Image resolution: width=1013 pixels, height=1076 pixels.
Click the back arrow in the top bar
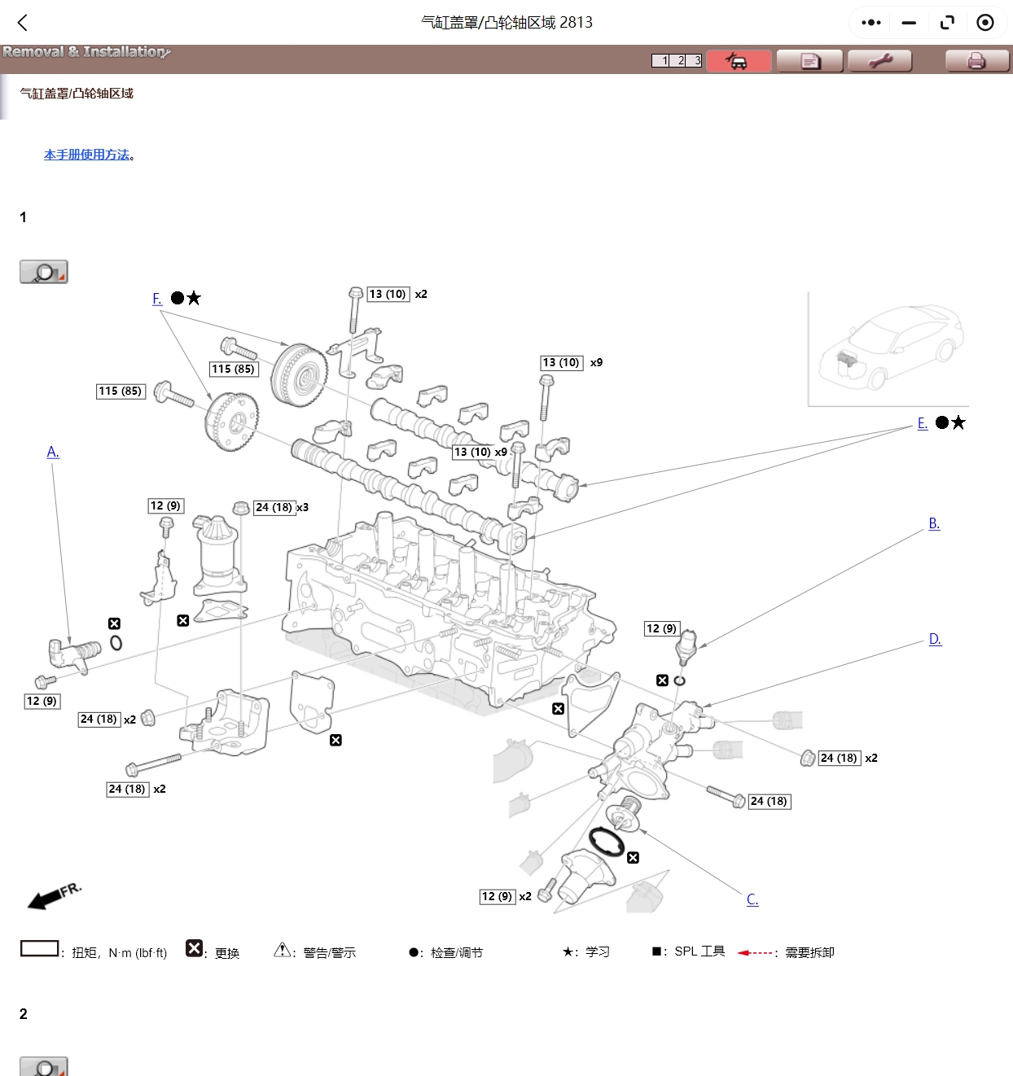click(x=23, y=23)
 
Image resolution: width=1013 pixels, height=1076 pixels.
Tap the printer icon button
click(x=976, y=61)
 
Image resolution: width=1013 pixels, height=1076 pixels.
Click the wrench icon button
click(x=879, y=61)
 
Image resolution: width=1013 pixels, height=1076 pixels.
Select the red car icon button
click(x=738, y=61)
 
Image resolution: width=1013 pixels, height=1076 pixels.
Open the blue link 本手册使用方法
click(x=87, y=155)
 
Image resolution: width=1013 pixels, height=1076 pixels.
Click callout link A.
click(x=53, y=452)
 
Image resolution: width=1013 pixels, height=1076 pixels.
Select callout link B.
click(x=934, y=523)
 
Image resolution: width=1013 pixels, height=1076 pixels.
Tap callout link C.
click(x=752, y=899)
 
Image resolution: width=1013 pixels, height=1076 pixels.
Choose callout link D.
click(x=935, y=639)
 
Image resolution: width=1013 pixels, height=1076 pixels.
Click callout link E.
click(x=923, y=423)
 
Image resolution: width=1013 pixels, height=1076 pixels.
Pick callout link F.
click(x=157, y=299)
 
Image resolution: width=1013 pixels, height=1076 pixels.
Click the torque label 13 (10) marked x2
click(x=388, y=294)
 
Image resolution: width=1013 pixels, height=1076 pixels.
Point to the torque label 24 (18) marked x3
click(x=274, y=507)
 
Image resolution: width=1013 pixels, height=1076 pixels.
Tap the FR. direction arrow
click(x=53, y=894)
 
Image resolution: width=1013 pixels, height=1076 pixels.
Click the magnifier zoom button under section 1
click(x=44, y=272)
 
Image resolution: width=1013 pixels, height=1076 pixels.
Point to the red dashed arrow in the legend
click(x=755, y=952)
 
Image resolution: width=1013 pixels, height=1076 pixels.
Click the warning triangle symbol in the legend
click(x=282, y=950)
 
